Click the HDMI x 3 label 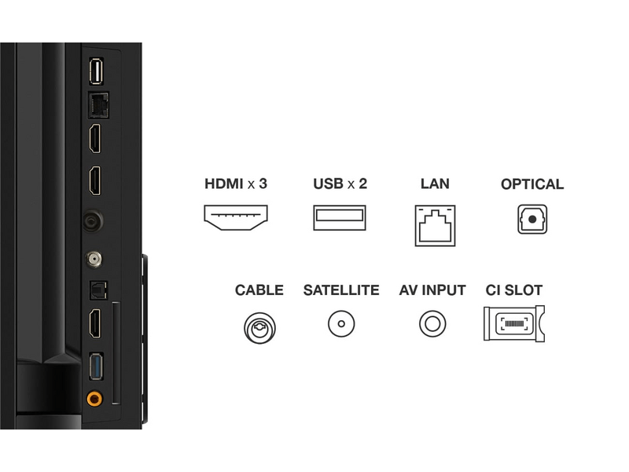[236, 184]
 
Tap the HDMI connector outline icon [236, 217]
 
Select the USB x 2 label [340, 184]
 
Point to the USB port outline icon [340, 218]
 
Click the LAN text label [435, 184]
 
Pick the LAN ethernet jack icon [436, 226]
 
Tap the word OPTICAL [532, 184]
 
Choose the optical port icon [532, 219]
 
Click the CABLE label [259, 290]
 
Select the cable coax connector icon [259, 328]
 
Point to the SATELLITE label [341, 290]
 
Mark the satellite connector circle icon [341, 323]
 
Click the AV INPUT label [432, 290]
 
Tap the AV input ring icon [432, 323]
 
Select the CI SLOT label [514, 290]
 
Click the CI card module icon [514, 323]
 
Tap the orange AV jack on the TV [94, 399]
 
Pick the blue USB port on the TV [96, 366]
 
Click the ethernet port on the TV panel [98, 105]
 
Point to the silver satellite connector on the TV [94, 260]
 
